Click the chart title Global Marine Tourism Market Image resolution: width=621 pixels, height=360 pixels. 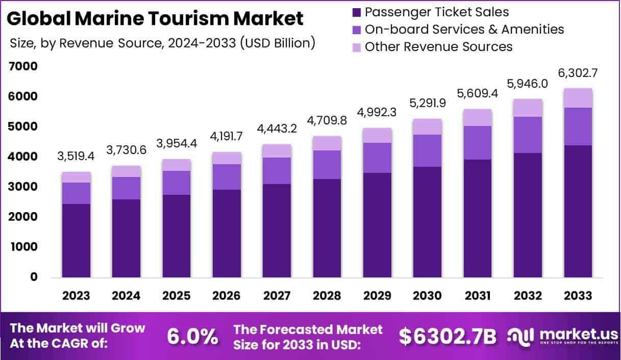pyautogui.click(x=156, y=19)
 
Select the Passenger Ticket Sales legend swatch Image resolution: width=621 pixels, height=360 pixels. pyautogui.click(x=356, y=12)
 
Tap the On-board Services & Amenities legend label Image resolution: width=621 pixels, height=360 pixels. pyautogui.click(x=464, y=29)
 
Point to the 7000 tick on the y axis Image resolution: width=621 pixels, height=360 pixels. pyautogui.click(x=23, y=66)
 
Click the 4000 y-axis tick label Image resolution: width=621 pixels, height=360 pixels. pyautogui.click(x=23, y=157)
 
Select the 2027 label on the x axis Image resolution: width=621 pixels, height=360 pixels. pyautogui.click(x=277, y=296)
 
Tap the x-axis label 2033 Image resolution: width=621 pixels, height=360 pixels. pyautogui.click(x=578, y=296)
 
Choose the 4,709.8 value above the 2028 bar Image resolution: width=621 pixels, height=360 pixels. pyautogui.click(x=327, y=123)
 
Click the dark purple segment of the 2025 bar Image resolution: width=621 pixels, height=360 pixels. pyautogui.click(x=177, y=236)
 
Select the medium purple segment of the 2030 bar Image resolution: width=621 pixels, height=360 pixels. pyautogui.click(x=428, y=150)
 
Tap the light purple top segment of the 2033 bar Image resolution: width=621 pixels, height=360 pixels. pyautogui.click(x=578, y=98)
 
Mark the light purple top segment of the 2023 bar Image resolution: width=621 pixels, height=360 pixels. pyautogui.click(x=77, y=177)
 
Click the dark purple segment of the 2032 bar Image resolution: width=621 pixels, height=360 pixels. pyautogui.click(x=528, y=215)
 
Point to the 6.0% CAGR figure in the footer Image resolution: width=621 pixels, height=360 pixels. pyautogui.click(x=193, y=337)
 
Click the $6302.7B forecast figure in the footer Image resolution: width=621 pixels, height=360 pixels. pyautogui.click(x=447, y=337)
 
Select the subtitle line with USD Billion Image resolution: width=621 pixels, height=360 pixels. pyautogui.click(x=162, y=43)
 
